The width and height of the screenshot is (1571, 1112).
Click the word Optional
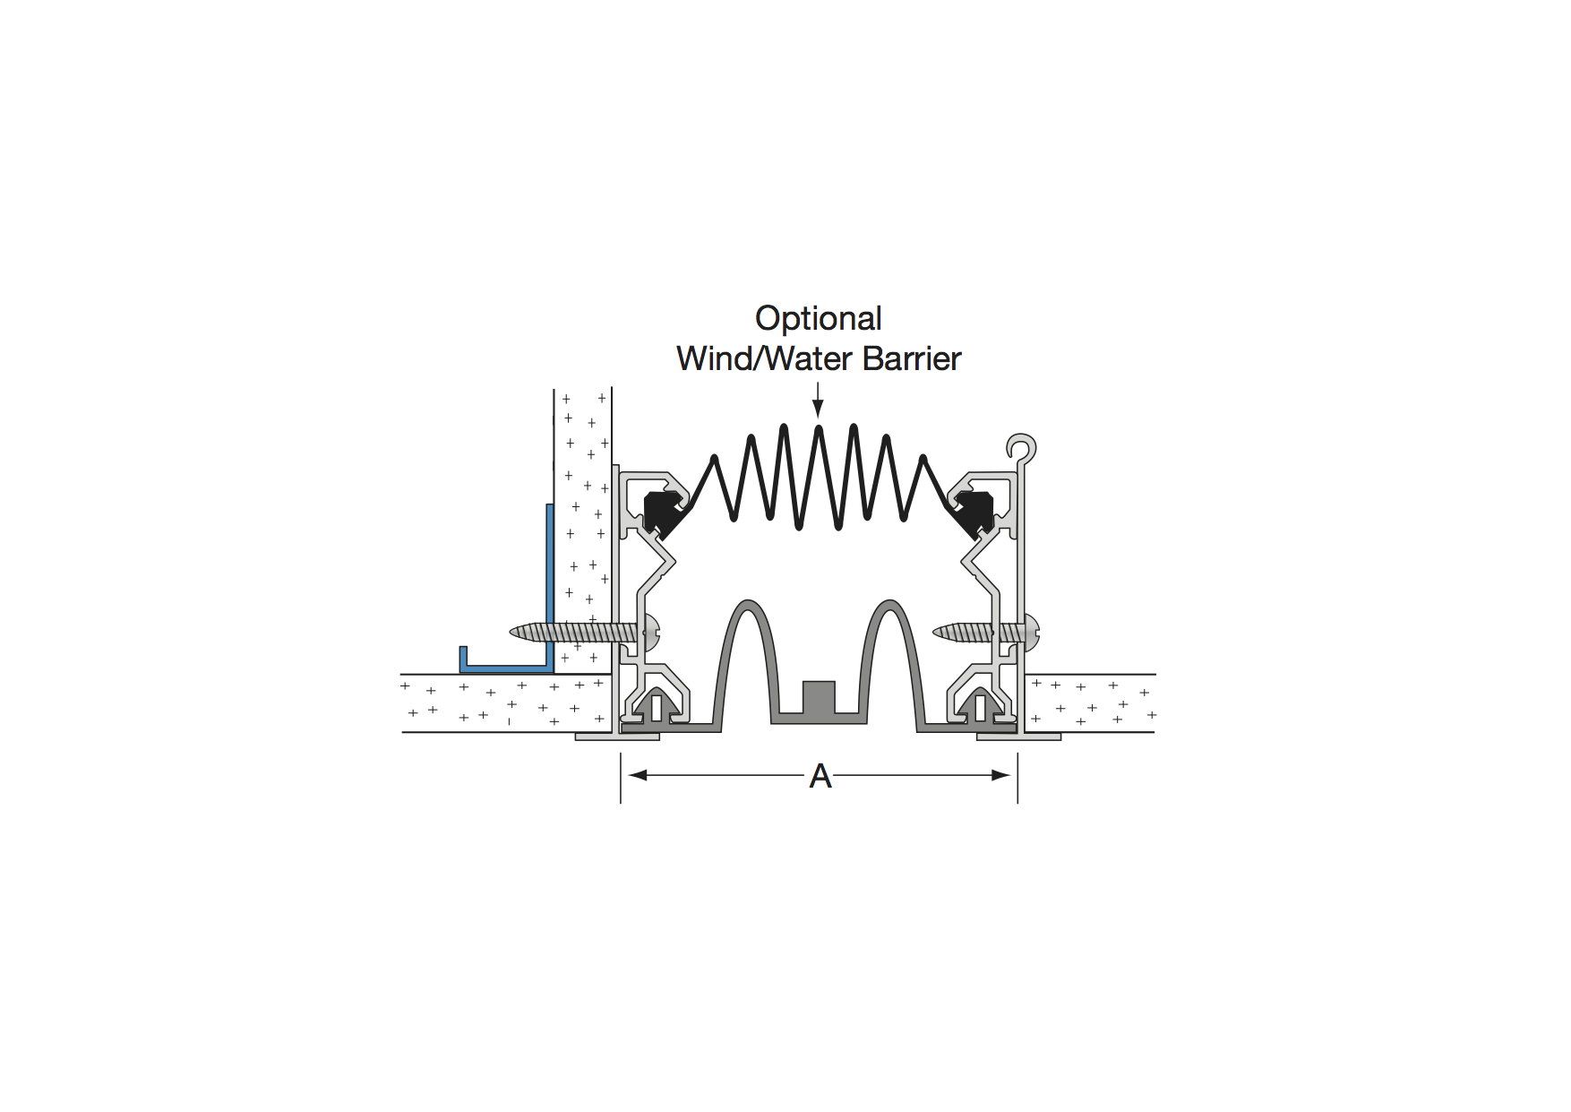[x=818, y=319]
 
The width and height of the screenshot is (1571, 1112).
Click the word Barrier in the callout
[x=912, y=358]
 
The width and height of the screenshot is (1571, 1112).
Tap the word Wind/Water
[x=766, y=358]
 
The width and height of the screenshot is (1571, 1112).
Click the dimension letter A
[x=820, y=776]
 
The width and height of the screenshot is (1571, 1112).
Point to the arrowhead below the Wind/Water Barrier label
[x=818, y=409]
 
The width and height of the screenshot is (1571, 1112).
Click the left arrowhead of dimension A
[x=637, y=775]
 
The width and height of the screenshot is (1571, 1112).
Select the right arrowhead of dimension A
[x=1001, y=775]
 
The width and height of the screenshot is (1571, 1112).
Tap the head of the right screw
[x=1032, y=633]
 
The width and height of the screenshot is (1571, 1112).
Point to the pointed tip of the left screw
[x=511, y=633]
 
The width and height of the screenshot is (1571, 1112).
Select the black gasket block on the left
[x=665, y=513]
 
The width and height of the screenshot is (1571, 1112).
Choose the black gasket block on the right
[x=974, y=513]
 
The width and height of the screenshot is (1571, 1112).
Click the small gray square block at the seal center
[x=819, y=697]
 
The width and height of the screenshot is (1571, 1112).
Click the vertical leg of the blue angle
[x=550, y=587]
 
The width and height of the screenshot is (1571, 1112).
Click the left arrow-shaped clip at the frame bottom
[x=657, y=705]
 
